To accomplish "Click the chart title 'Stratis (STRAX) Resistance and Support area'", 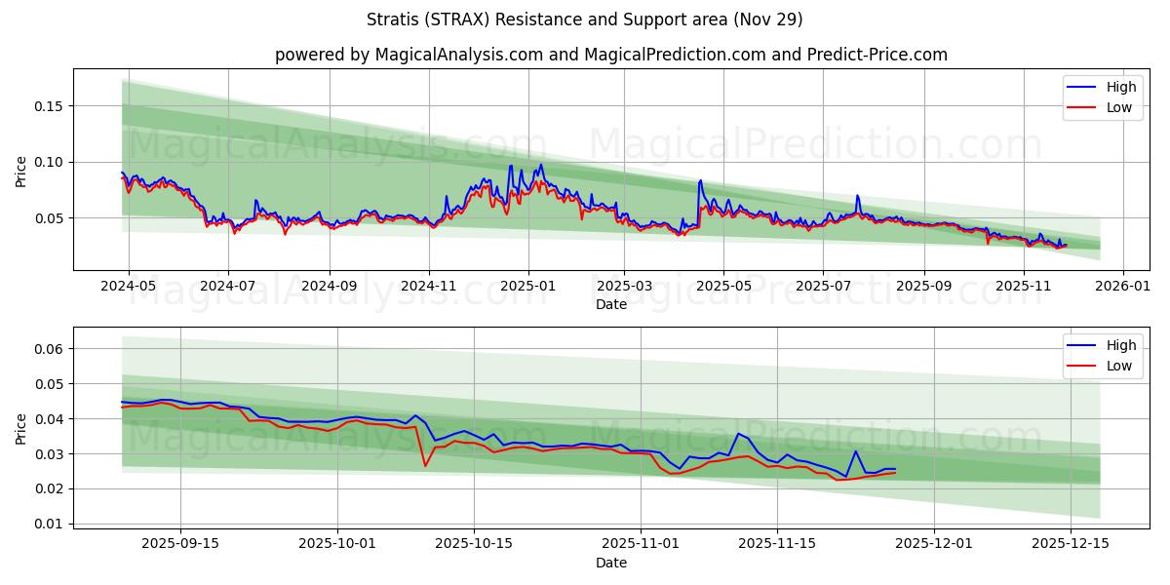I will [585, 19].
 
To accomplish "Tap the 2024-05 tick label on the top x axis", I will [127, 287].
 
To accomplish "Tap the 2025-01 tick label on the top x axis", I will [528, 287].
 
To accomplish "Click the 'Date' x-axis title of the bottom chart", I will [611, 563].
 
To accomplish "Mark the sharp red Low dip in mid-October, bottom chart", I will [425, 465].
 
